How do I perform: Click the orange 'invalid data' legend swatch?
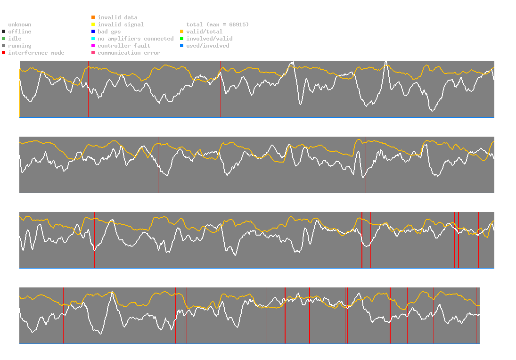tap(93, 17)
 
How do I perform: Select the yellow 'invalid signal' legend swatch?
tap(93, 25)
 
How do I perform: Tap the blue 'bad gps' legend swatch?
tap(93, 32)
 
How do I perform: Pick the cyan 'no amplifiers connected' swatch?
tap(93, 39)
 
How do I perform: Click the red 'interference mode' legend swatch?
tap(3, 53)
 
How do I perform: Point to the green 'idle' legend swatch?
tap(3, 39)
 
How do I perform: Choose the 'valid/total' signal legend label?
tap(204, 32)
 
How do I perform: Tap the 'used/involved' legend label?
tap(208, 46)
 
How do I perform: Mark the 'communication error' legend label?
tap(129, 53)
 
